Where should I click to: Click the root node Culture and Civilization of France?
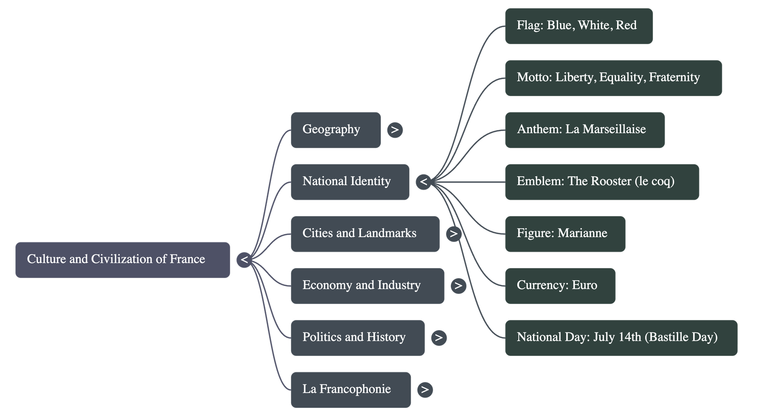[x=122, y=260]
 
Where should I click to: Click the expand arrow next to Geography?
[x=395, y=130]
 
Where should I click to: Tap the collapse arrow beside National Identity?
[x=423, y=182]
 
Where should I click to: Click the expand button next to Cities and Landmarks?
[x=453, y=234]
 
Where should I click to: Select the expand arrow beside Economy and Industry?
[x=458, y=286]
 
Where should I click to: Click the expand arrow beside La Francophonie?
[x=425, y=389]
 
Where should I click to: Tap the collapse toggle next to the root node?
[x=244, y=260]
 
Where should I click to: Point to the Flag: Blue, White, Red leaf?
[x=578, y=26]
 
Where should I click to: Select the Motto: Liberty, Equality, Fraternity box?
[x=613, y=78]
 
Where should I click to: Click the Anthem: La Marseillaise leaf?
[x=585, y=130]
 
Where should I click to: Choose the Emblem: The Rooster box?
[x=602, y=182]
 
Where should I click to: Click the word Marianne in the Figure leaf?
[x=582, y=233]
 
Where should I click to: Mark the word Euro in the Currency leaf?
[x=585, y=285]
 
